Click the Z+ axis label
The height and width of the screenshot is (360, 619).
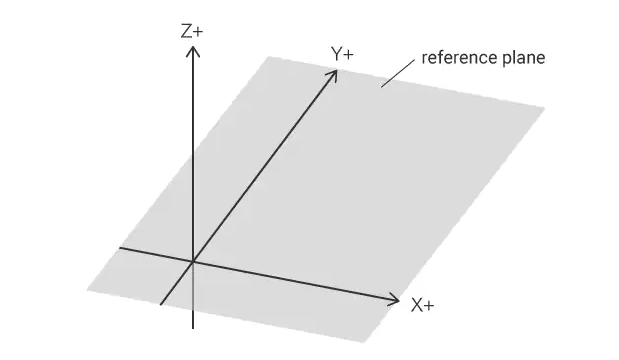(192, 31)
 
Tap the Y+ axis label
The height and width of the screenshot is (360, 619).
(342, 54)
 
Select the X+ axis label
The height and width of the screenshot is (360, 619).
(422, 305)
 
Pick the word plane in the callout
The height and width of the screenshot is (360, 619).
(523, 58)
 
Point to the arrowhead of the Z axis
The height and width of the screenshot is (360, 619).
(193, 51)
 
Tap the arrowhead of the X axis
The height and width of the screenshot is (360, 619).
(393, 300)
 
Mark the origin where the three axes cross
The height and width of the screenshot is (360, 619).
(193, 262)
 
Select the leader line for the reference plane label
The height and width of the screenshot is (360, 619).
(398, 74)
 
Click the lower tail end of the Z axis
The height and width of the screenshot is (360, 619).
(193, 328)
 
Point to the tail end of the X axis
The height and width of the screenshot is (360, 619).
(120, 248)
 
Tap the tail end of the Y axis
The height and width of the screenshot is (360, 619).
(161, 304)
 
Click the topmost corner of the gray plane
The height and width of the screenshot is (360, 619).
(268, 57)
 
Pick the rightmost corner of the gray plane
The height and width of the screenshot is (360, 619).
(545, 108)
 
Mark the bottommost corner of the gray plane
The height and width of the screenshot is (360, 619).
(363, 342)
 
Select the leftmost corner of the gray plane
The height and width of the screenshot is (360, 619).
(87, 291)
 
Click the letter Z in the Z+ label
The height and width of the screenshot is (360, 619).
(186, 31)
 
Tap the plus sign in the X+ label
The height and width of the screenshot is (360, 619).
(429, 306)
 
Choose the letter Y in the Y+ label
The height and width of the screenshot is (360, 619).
(336, 54)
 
